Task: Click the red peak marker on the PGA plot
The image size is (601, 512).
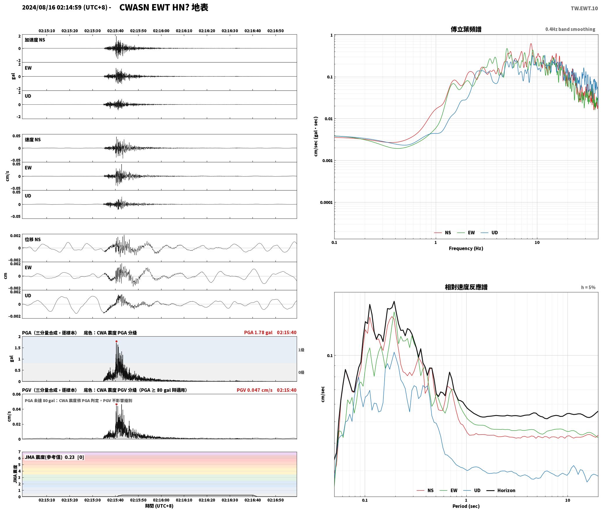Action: (116, 341)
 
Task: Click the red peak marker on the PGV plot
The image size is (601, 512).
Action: (116, 404)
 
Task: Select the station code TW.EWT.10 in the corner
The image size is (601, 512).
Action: (584, 8)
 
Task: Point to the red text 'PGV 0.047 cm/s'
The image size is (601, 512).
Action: (255, 390)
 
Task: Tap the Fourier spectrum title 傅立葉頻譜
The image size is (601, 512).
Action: (466, 29)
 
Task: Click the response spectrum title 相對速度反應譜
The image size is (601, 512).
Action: (466, 287)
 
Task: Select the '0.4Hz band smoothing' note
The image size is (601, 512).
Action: (570, 29)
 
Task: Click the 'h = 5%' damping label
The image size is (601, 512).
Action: (588, 287)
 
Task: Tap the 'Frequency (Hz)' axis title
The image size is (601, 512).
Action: (466, 248)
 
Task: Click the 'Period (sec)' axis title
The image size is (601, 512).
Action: (466, 506)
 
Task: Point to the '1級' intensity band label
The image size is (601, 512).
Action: (301, 350)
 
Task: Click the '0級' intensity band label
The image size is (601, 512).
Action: (301, 372)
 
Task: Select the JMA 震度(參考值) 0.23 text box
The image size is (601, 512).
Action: (54, 457)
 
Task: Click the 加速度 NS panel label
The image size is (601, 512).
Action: (35, 40)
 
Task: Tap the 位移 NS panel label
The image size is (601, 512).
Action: (33, 239)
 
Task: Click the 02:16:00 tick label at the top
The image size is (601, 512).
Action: (161, 31)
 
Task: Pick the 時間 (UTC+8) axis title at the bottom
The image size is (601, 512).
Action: (159, 506)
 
